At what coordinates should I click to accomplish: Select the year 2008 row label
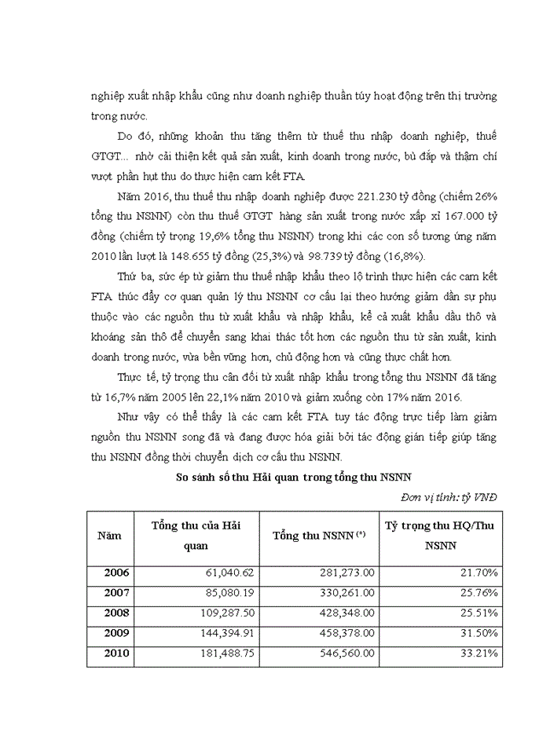point(116,613)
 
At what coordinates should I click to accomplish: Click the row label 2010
point(116,653)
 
